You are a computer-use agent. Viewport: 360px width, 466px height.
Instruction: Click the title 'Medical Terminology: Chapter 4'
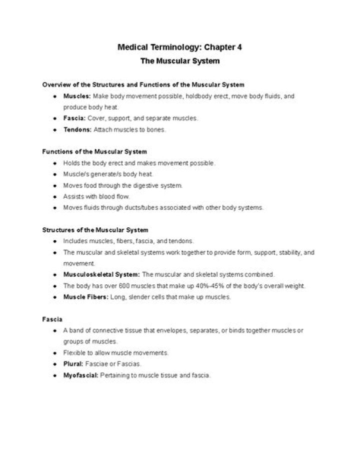179,48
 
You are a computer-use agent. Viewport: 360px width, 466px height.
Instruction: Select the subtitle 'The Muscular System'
179,62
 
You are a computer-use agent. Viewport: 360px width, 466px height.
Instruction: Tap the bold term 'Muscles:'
77,96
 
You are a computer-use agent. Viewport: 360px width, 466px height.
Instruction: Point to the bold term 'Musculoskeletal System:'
101,275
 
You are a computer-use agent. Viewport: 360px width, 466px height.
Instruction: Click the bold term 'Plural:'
73,364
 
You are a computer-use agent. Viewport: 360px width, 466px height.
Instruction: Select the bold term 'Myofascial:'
81,375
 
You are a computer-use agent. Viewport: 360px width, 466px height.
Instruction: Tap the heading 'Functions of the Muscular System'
94,152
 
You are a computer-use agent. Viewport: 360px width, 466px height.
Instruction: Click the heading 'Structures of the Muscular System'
95,230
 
